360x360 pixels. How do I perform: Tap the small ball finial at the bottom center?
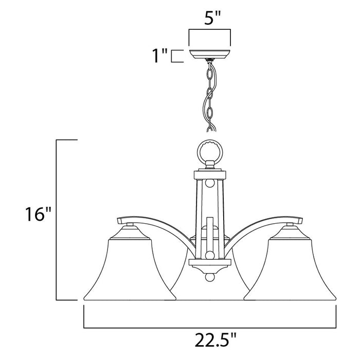[210, 278]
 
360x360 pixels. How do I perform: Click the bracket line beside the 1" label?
[175, 56]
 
